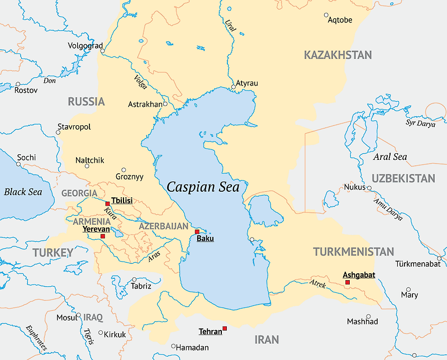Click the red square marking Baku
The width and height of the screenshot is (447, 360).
197,231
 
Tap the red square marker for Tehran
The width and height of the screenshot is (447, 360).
225,328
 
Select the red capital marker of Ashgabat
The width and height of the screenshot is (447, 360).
348,282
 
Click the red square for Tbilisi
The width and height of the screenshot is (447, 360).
107,204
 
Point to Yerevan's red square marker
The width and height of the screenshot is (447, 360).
102,236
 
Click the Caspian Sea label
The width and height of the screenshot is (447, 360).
203,187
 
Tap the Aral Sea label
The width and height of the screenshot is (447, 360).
390,157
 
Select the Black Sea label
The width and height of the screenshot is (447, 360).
23,192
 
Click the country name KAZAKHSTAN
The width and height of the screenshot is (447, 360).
337,55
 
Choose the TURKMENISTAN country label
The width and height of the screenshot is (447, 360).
353,252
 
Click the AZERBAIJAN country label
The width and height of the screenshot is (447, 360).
164,226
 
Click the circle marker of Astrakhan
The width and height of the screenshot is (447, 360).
165,104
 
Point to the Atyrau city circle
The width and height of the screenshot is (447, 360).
233,87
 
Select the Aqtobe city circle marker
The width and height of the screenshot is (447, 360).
326,15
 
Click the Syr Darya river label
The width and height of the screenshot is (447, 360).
420,123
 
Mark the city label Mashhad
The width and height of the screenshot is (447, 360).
362,321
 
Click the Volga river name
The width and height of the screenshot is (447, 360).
140,82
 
